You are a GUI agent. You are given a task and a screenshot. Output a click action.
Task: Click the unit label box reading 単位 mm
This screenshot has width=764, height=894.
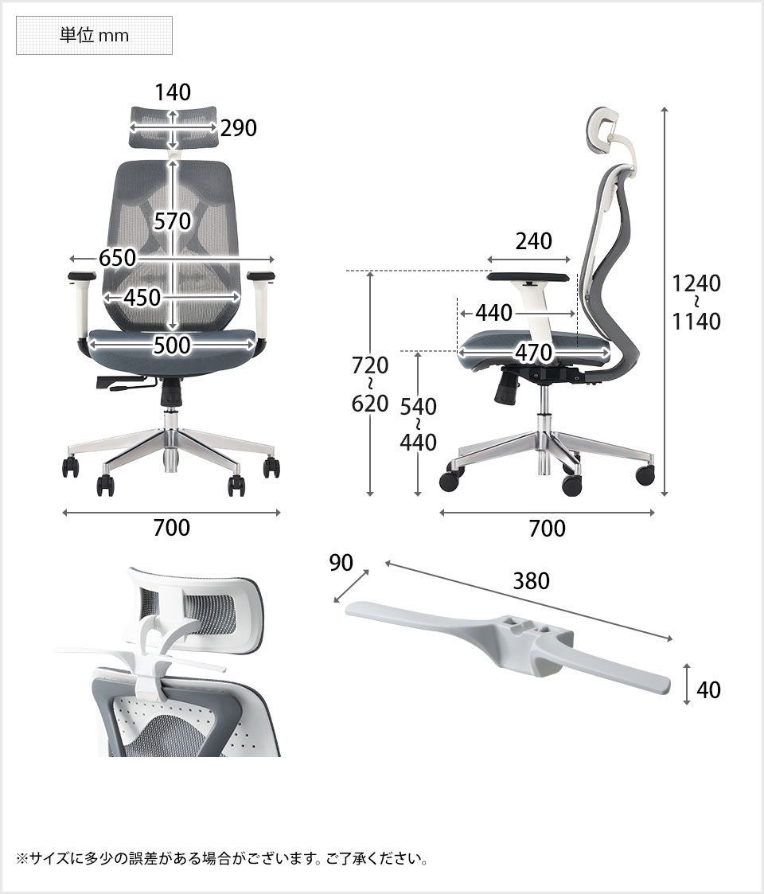pos(94,35)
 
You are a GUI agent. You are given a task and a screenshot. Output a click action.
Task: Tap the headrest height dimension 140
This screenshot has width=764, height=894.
pos(173,92)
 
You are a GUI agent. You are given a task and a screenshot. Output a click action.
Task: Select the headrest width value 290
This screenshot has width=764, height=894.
pos(238,127)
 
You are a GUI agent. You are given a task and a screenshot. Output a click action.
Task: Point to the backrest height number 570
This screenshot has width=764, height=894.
pos(172,221)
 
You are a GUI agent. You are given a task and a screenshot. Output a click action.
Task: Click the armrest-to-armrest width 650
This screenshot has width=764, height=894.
pos(118,258)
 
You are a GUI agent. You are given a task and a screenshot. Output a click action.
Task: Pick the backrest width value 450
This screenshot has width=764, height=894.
pos(142,297)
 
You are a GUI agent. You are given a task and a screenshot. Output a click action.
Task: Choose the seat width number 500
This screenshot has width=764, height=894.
pos(172,345)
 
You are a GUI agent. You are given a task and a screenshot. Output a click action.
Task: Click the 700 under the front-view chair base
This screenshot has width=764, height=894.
pos(172,528)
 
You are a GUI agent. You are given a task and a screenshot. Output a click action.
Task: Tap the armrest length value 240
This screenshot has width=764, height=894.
pos(534,241)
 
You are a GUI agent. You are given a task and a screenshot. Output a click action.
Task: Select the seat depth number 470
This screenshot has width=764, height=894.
pos(534,353)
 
